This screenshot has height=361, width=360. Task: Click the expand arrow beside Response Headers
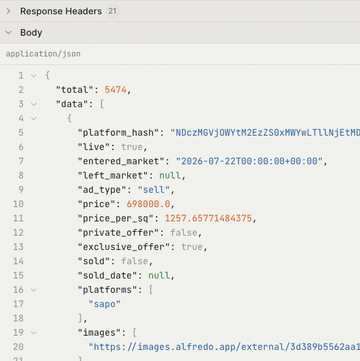[8, 11]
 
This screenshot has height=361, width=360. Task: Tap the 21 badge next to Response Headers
[112, 11]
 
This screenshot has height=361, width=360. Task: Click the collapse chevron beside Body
[8, 32]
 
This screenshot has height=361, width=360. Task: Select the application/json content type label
[44, 54]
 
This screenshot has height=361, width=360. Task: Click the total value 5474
[116, 90]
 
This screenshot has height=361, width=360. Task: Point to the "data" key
[72, 104]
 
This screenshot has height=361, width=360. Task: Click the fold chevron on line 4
[34, 119]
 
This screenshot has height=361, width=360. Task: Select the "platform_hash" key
[118, 133]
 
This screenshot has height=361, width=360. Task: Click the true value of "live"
[132, 147]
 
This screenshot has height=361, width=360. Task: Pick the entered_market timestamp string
[249, 161]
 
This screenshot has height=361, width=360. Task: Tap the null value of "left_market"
[170, 176]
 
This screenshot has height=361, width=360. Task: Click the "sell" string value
[154, 190]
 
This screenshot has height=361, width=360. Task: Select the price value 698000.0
[148, 205]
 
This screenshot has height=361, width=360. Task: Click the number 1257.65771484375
[209, 219]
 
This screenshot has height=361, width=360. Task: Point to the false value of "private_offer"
[184, 232]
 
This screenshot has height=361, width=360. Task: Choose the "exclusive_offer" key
[123, 247]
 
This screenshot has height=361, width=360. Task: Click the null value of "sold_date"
[159, 275]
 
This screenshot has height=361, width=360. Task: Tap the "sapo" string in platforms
[105, 304]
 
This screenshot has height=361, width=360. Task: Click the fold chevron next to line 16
[34, 290]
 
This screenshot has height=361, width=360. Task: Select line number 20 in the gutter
[18, 347]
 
